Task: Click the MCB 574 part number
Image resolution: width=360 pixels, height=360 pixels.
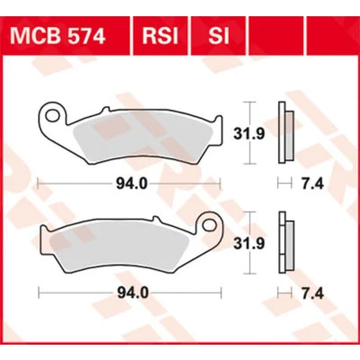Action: (58, 36)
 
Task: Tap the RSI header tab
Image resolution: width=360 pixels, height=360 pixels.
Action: (160, 36)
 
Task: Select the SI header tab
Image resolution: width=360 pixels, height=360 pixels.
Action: (219, 36)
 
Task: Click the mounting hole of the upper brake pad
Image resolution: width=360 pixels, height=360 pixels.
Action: (52, 115)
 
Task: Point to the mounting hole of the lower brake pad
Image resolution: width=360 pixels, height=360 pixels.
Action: (209, 225)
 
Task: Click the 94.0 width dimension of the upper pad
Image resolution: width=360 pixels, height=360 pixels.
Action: (132, 184)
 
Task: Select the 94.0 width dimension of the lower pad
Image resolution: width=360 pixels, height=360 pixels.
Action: (132, 293)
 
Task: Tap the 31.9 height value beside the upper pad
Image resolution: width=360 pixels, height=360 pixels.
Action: (249, 134)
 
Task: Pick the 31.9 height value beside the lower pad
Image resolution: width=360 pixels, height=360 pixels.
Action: (249, 243)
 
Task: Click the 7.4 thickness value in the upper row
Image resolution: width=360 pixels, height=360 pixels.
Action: (312, 184)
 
